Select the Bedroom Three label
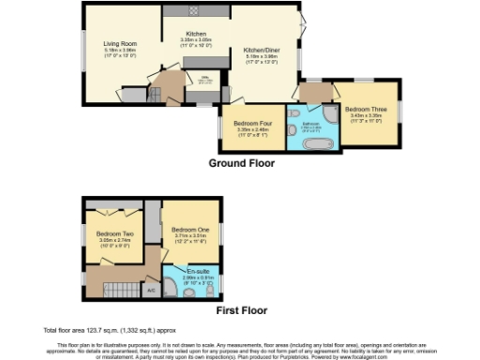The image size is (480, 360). pos(361,110)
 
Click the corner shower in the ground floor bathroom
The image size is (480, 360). pos(330,117)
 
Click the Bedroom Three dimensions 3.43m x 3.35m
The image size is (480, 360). pos(361,117)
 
